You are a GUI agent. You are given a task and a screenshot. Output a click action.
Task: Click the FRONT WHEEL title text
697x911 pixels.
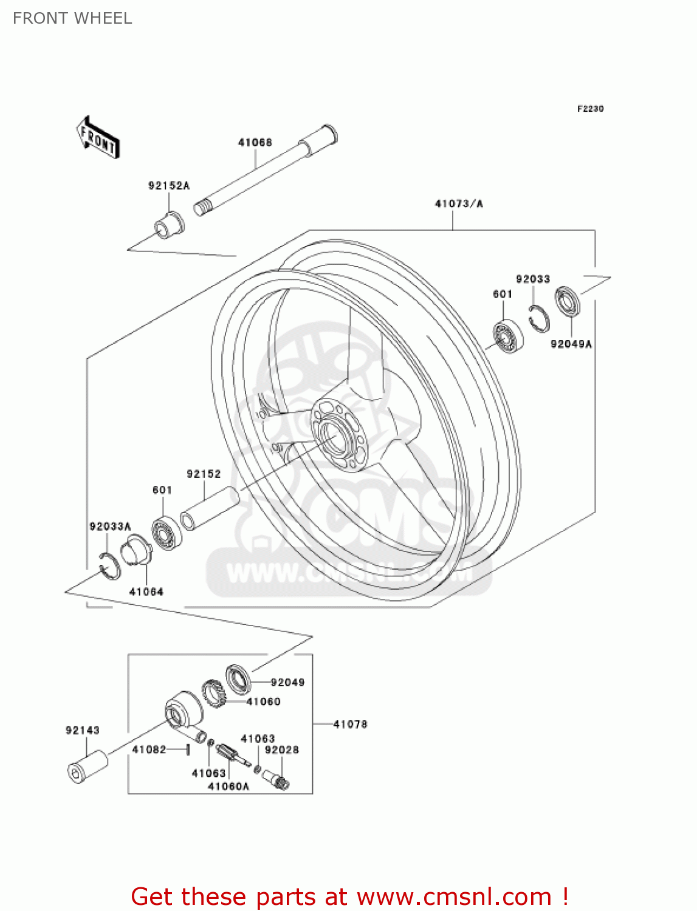[x=72, y=18]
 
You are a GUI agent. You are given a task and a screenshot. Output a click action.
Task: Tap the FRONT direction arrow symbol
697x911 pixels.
[x=98, y=138]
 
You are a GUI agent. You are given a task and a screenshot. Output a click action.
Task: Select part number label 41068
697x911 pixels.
[x=255, y=143]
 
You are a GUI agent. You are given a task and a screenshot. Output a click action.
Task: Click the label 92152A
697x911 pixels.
[x=169, y=185]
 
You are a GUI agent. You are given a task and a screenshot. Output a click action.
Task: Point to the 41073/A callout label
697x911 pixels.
[x=459, y=204]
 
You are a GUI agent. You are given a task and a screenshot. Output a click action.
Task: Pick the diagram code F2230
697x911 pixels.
[x=590, y=109]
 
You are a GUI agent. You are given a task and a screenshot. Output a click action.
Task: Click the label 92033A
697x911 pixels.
[x=110, y=527]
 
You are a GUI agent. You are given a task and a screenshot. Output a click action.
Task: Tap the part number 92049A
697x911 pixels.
[x=571, y=344]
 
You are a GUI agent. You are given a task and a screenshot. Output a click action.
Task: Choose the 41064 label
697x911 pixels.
[x=146, y=592]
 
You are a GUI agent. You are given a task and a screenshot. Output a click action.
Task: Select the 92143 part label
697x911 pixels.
[x=83, y=731]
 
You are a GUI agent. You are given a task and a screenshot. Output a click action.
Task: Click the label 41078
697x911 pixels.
[x=351, y=724]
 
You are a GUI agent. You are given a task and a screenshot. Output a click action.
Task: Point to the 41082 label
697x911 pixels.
[x=149, y=749]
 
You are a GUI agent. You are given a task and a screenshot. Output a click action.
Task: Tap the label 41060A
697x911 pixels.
[x=228, y=786]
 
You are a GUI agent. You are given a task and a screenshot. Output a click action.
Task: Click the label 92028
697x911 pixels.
[x=282, y=750]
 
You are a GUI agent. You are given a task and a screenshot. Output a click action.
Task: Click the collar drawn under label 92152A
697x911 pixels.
[x=168, y=226]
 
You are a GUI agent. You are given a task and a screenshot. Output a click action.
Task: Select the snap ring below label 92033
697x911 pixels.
[x=538, y=319]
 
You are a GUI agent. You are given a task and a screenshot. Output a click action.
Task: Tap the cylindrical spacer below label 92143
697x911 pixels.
[x=87, y=767]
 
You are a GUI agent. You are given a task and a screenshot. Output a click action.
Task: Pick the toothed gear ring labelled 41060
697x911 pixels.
[x=213, y=694]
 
